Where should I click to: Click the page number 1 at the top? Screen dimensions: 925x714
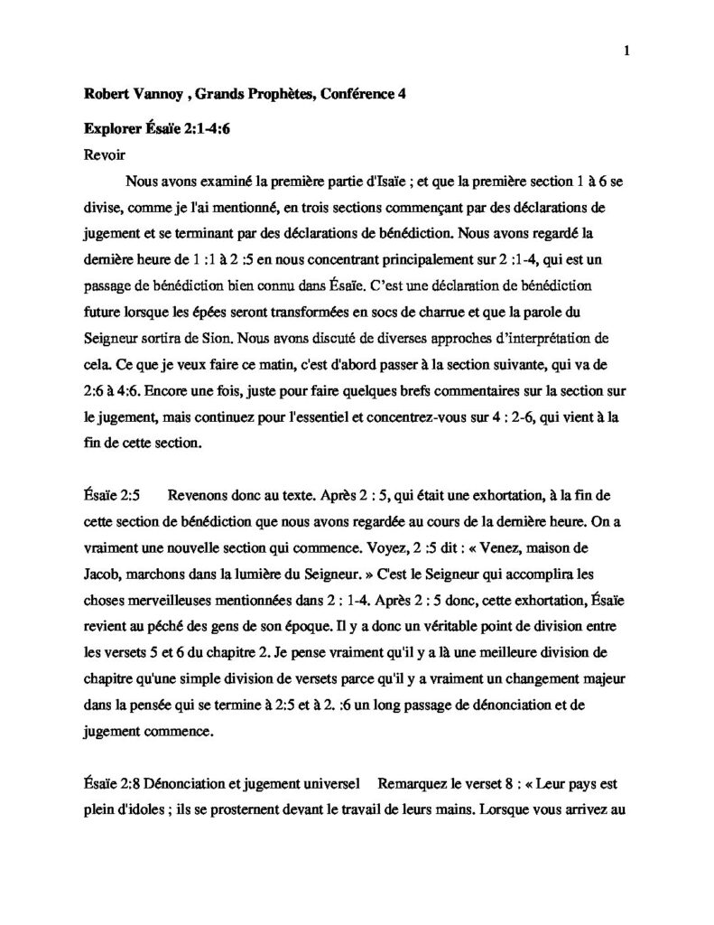click(626, 51)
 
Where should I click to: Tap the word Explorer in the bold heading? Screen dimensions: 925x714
click(108, 128)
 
